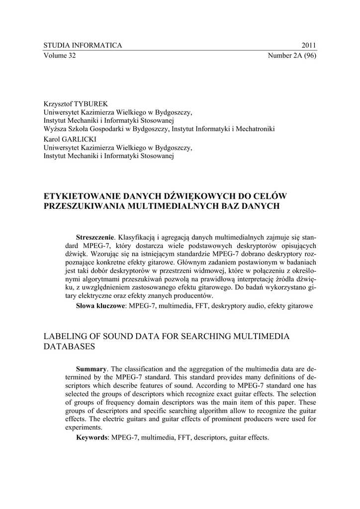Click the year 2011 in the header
click(x=308, y=45)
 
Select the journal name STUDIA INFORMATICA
click(x=83, y=45)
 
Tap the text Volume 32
click(x=60, y=55)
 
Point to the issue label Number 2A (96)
click(x=292, y=55)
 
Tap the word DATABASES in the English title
click(x=69, y=347)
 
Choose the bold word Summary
click(x=91, y=368)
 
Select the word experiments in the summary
click(x=83, y=427)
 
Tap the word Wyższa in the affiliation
click(x=55, y=129)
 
